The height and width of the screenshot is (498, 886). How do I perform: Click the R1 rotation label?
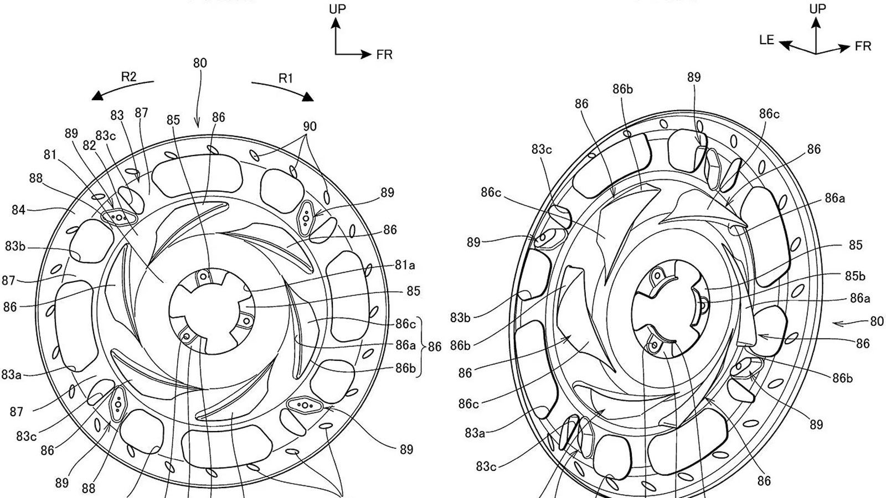coord(286,78)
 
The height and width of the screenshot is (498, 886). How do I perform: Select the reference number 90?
coord(310,127)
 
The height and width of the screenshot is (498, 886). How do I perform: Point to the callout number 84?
coord(18,210)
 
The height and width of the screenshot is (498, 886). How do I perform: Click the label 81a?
coord(405,265)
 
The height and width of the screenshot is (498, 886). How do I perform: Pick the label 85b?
coord(855,276)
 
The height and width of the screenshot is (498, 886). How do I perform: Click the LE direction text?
coord(766,40)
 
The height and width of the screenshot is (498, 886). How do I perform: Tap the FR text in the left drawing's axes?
coord(384,55)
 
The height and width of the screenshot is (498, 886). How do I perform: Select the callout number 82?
coord(89,146)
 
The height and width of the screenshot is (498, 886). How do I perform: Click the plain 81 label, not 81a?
coord(50,155)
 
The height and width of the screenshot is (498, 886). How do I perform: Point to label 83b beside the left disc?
coord(15,246)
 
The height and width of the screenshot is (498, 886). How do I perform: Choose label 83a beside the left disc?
coord(12,374)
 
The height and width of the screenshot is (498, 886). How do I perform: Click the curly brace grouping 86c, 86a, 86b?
coord(421,346)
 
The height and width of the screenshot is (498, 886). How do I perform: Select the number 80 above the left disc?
coord(200,63)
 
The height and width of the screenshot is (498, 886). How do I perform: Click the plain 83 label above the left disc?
coord(117,116)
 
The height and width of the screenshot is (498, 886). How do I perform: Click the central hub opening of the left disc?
coord(212,311)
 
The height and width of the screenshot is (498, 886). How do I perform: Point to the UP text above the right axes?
coord(817,9)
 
